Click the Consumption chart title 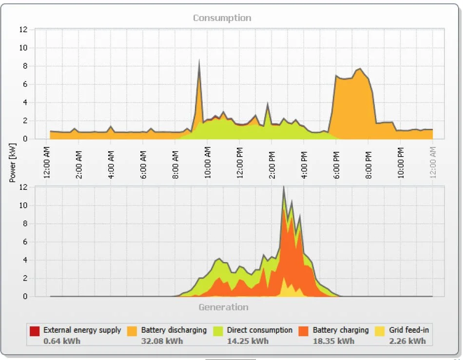(222, 18)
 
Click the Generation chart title (223, 307)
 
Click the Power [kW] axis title (13, 163)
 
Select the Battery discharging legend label (174, 330)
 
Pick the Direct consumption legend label (259, 330)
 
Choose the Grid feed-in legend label (409, 330)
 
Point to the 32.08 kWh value (162, 341)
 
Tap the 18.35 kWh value (333, 341)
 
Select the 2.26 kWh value (407, 341)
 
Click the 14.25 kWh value (248, 341)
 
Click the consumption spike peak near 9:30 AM (199, 61)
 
